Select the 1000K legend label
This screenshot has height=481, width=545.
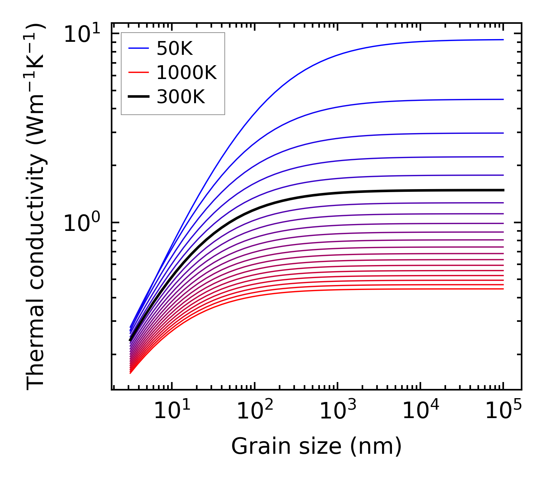click(x=186, y=72)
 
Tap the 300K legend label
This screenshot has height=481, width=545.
click(x=181, y=97)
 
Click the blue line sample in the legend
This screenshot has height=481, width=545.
click(x=138, y=48)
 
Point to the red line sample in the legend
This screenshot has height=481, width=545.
click(x=138, y=72)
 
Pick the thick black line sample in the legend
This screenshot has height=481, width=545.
click(x=138, y=97)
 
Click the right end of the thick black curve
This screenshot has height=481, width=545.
click(x=503, y=190)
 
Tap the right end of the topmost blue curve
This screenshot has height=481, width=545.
click(x=503, y=40)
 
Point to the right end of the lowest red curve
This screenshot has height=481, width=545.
click(x=503, y=288)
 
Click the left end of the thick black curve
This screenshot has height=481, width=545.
click(x=130, y=340)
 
